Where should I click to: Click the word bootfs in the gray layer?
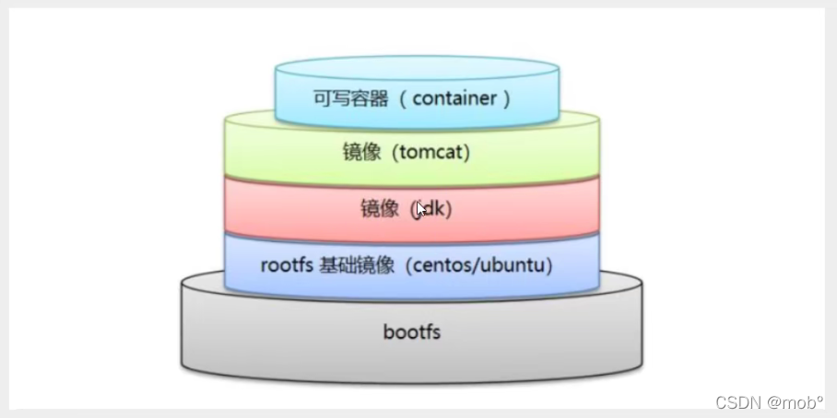point(411,331)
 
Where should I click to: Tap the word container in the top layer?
point(455,99)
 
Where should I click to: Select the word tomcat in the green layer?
point(432,153)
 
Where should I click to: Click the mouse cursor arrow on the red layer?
point(421,208)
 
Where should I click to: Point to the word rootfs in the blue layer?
point(287,266)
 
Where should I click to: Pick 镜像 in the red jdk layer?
point(379,209)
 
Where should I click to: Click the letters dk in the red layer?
point(436,209)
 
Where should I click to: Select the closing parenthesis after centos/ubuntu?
point(550,266)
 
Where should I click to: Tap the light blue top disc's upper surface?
point(417,69)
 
